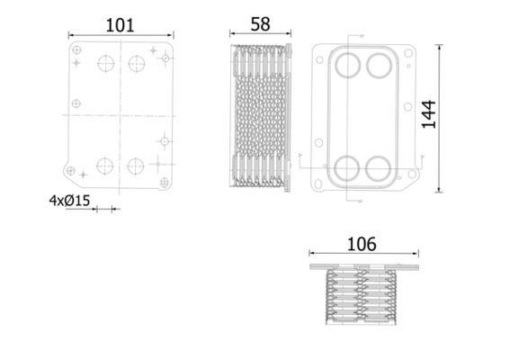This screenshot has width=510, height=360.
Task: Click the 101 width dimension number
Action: coord(120,25)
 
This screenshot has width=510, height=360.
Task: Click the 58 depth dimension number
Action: coord(260,24)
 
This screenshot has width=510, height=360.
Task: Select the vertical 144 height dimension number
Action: coord(429,114)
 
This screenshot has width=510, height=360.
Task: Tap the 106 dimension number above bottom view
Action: coord(362,244)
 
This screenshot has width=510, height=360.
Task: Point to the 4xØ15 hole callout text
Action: coord(69,201)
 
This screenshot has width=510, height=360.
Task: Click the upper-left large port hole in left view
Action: coord(106,63)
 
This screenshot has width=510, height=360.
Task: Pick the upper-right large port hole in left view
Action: coord(137,64)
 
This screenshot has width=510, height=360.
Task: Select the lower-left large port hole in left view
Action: coord(104,166)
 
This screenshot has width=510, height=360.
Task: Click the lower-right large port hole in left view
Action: coord(136,166)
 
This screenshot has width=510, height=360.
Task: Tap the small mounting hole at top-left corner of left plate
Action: coord(76,49)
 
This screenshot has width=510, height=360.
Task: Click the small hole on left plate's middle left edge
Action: coord(76,103)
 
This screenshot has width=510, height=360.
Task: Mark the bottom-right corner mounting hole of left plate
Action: coord(165,183)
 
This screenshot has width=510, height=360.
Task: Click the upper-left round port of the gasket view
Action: coord(348,65)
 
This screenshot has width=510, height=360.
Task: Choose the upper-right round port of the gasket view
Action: coord(379,66)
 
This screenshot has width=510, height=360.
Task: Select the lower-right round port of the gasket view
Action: coord(378,168)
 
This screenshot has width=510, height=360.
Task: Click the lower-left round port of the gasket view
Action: coord(346,168)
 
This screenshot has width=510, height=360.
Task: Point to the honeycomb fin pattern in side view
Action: coord(260,115)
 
